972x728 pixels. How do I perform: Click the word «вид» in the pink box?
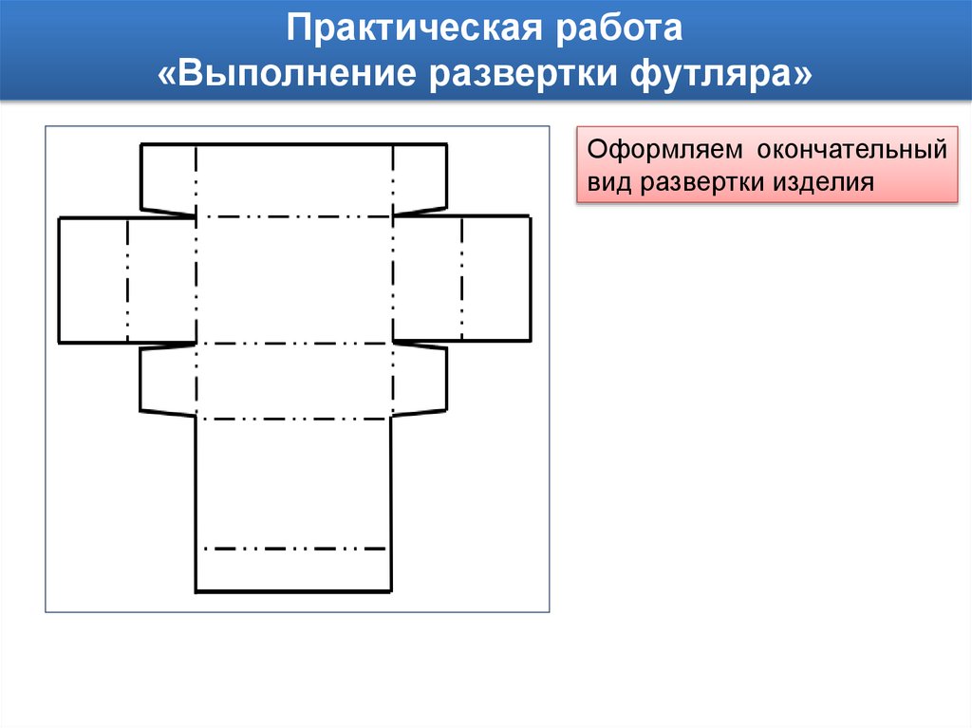[x=609, y=182]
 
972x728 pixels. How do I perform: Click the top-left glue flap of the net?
[x=168, y=177]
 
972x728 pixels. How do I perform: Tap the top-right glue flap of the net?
[x=419, y=177]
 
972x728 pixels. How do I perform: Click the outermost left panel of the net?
[x=92, y=279]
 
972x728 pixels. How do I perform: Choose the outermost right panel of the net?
[x=495, y=279]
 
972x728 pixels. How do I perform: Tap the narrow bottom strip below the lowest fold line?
[x=293, y=570]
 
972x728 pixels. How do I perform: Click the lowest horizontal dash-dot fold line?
[x=293, y=549]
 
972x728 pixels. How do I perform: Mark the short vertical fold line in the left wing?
[x=126, y=279]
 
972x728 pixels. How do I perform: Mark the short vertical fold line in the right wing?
[x=461, y=279]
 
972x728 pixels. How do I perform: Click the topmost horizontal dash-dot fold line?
[x=293, y=216]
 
